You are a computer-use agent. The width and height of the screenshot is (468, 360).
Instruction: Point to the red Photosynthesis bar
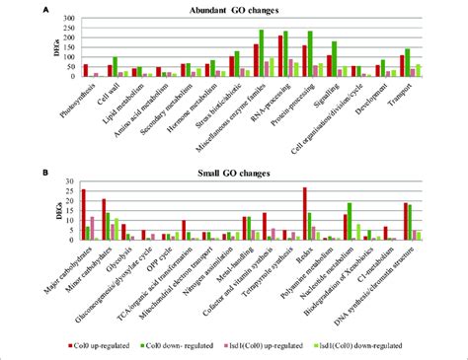[86, 70]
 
